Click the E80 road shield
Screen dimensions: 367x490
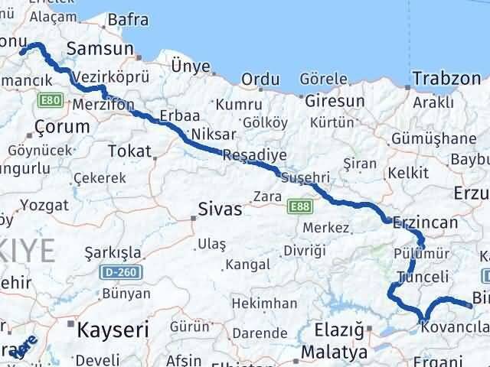[52, 100]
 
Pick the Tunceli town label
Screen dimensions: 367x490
[418, 276]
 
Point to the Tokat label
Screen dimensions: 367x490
[129, 151]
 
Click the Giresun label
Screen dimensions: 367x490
[335, 101]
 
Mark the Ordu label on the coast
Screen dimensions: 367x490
[260, 80]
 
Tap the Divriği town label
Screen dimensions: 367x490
[304, 251]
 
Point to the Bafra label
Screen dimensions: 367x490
[128, 20]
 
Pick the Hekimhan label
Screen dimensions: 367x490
[264, 304]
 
